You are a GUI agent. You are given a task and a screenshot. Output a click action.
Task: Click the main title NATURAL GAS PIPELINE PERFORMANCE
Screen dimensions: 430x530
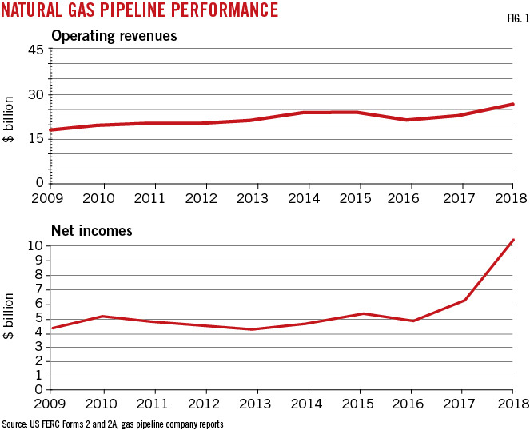pyautogui.click(x=140, y=10)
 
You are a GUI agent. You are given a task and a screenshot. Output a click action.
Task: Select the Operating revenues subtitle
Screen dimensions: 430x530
pyautogui.click(x=114, y=36)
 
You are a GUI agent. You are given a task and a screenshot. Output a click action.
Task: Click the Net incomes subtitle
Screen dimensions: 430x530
pyautogui.click(x=91, y=231)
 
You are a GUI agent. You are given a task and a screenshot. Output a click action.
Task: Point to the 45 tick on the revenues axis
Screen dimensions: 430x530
pyautogui.click(x=36, y=50)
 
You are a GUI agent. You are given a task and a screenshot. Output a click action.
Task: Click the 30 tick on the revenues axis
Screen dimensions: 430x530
pyautogui.click(x=36, y=94)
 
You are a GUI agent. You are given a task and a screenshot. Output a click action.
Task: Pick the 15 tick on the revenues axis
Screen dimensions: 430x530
pyautogui.click(x=36, y=138)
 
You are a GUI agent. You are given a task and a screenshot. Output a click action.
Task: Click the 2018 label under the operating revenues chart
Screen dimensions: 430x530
pyautogui.click(x=508, y=197)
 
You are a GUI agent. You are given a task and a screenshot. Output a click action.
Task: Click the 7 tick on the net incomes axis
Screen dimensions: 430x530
pyautogui.click(x=38, y=289)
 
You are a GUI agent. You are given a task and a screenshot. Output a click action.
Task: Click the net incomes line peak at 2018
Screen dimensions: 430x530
pyautogui.click(x=512, y=240)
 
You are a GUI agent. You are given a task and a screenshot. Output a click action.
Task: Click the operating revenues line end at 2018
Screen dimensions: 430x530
pyautogui.click(x=512, y=104)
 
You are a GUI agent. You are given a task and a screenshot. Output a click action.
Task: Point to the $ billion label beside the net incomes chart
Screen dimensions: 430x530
pyautogui.click(x=10, y=317)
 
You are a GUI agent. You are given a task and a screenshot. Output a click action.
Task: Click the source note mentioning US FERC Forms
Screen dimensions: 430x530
pyautogui.click(x=113, y=423)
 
